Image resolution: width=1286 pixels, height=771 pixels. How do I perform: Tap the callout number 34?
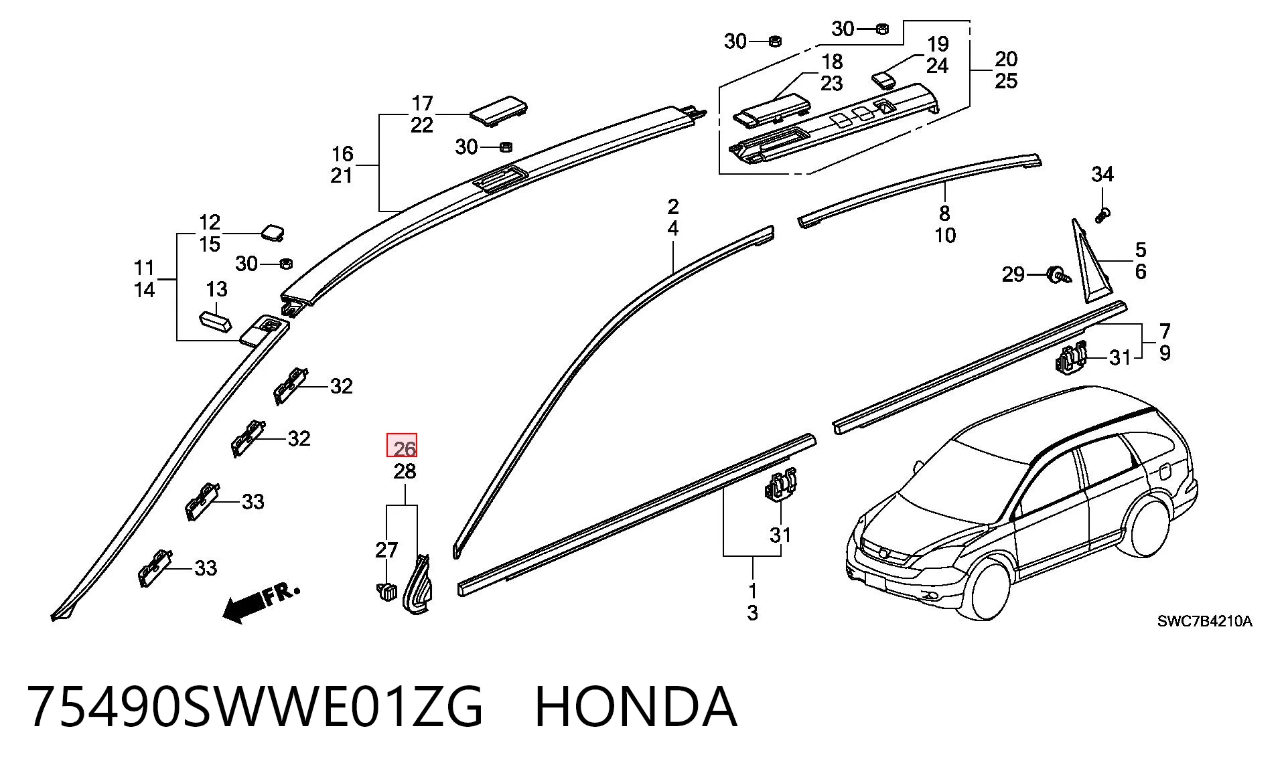pos(1102,175)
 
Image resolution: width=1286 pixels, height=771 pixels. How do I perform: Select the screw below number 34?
pos(1102,216)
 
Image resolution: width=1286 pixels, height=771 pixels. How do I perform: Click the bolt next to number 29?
pos(1058,275)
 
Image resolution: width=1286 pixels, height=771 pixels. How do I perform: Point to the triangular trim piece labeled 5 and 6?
pos(1086,264)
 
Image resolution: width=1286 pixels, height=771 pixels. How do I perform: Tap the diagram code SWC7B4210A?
pos(1204,621)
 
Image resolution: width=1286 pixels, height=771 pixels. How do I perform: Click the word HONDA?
pos(636,707)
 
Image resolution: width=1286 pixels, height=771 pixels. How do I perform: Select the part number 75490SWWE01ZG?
pos(255,707)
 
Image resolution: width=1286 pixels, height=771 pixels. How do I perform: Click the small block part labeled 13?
pos(216,320)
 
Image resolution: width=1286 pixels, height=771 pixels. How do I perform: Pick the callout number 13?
pos(216,290)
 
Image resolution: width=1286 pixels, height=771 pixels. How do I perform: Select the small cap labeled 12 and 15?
pos(271,231)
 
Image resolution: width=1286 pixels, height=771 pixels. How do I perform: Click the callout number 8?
pos(944,213)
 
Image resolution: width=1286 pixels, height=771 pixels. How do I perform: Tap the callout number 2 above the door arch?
pos(673,207)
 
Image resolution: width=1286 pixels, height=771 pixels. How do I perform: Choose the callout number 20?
pos(1006,60)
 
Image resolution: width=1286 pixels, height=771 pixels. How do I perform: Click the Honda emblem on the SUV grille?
pos(885,552)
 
